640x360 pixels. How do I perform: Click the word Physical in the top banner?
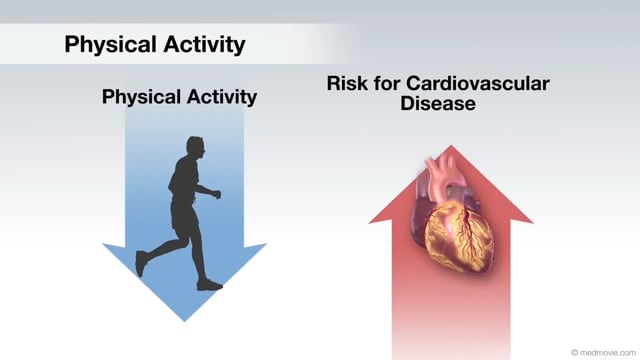111,44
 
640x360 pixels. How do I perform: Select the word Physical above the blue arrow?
141,97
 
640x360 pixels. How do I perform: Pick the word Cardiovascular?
478,84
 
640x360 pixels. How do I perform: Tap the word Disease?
438,103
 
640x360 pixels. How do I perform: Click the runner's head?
196,146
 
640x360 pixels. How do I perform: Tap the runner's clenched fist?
217,194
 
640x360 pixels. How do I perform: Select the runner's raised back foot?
141,264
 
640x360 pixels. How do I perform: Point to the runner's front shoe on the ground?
210,285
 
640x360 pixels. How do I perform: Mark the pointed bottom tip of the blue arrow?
184,321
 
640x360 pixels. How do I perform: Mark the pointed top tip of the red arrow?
451,146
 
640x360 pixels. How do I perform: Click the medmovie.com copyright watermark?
603,352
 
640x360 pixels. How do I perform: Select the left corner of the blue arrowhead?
103,244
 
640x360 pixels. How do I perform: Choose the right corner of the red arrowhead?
533,223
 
